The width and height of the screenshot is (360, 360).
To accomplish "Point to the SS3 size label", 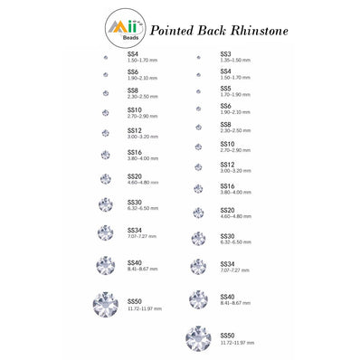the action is click(x=226, y=53).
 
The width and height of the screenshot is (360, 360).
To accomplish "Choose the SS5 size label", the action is click(x=226, y=88).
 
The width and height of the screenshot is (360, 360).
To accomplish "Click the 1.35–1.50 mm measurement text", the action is click(x=236, y=59).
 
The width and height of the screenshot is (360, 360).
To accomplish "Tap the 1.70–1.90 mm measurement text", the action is click(x=236, y=94).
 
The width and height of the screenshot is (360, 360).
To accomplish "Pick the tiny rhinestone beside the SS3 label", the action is click(x=198, y=56).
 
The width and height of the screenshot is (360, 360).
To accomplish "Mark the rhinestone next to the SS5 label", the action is click(x=198, y=90).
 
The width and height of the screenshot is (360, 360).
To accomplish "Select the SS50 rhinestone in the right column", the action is click(x=198, y=338).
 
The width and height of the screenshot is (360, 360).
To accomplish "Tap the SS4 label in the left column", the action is click(x=133, y=53).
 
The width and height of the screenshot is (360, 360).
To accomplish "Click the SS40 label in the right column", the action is click(x=228, y=297).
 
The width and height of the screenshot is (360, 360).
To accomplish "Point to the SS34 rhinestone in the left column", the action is click(x=105, y=232).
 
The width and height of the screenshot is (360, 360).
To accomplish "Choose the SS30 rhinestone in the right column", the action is click(x=198, y=239).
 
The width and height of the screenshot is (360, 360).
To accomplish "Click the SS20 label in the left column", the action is click(x=135, y=177).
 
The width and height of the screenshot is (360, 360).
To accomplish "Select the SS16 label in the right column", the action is click(x=228, y=186).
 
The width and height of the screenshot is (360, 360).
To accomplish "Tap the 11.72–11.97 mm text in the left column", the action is click(x=144, y=308).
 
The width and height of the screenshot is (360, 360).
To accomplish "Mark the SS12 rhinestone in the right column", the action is click(x=198, y=167).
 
